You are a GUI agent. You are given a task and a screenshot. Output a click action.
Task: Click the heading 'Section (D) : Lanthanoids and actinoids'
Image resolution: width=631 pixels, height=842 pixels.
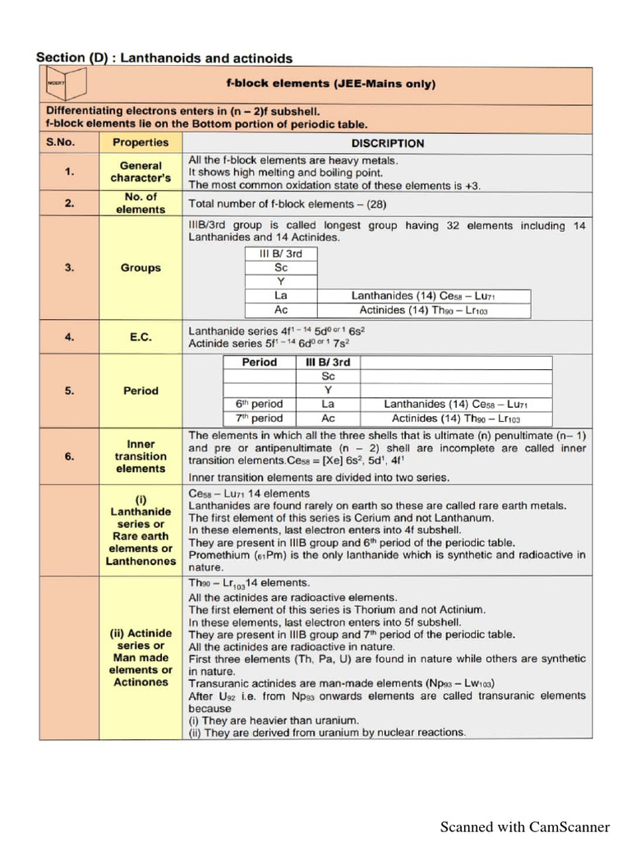tap(164, 58)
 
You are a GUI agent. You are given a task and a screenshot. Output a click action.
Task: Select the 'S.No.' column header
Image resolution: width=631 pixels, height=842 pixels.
tap(70, 143)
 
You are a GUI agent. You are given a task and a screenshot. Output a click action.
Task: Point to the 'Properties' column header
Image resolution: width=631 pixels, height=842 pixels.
tap(140, 143)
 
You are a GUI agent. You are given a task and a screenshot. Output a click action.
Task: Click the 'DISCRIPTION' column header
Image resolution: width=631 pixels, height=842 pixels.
tap(388, 143)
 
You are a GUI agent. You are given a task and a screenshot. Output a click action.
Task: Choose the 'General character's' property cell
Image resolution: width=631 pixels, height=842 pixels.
tap(140, 172)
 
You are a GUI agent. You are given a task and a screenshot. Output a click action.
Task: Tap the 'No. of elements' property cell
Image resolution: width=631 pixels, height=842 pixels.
tap(140, 203)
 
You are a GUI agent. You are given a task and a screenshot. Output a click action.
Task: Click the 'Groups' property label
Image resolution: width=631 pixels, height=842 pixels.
tap(140, 268)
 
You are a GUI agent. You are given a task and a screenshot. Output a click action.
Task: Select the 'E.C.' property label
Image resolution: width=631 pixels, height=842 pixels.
tap(140, 336)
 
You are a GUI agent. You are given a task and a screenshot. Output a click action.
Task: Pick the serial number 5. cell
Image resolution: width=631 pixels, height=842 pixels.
tap(70, 391)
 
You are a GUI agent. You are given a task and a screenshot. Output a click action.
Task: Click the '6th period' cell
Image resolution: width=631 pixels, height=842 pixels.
tap(259, 404)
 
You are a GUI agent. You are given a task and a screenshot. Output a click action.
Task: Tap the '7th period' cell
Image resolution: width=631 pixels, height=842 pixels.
tap(259, 418)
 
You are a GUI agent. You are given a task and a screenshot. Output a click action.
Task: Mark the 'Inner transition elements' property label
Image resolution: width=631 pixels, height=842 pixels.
tap(140, 456)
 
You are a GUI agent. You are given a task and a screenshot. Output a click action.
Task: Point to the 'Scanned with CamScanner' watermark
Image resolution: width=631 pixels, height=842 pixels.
tap(525, 826)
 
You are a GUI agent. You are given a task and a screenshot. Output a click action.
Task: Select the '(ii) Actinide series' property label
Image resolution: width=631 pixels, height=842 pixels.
tap(140, 658)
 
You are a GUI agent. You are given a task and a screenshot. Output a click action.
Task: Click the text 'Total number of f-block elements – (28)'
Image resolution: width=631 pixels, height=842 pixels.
tap(288, 204)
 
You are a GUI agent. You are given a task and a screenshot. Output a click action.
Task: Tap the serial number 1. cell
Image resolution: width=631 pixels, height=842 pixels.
tap(70, 172)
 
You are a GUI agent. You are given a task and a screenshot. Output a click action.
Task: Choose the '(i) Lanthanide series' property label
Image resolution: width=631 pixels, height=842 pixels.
tap(140, 530)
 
